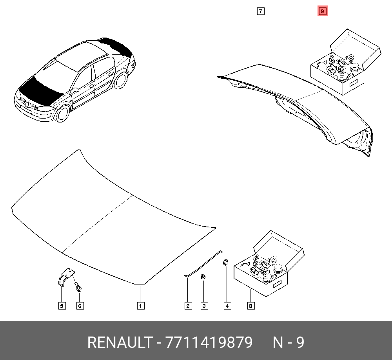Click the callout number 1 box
[x=141, y=306]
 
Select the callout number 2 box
[x=188, y=306]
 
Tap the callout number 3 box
[x=204, y=306]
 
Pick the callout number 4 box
[x=227, y=306]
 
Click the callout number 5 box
[x=62, y=306]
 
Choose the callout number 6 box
[x=80, y=306]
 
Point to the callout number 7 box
[x=261, y=11]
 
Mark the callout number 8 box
[x=251, y=306]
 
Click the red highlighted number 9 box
[x=323, y=11]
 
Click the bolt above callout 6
[x=78, y=287]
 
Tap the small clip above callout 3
[x=203, y=276]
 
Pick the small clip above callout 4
[x=226, y=262]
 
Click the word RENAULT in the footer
[x=120, y=342]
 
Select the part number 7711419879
[x=209, y=342]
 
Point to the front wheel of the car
[x=63, y=113]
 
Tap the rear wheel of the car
[x=121, y=80]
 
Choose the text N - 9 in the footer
[x=288, y=342]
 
